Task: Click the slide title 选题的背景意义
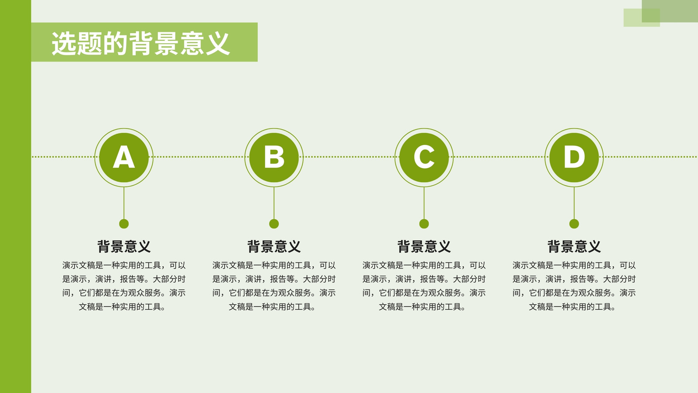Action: click(x=141, y=43)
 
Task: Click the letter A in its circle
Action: click(x=124, y=157)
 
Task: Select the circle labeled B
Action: click(x=274, y=158)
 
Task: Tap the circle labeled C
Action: click(x=424, y=158)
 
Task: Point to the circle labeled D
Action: click(x=574, y=158)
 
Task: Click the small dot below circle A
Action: click(x=124, y=224)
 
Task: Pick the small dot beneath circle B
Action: click(x=274, y=224)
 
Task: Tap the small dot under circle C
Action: click(x=424, y=224)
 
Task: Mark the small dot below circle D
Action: click(x=574, y=224)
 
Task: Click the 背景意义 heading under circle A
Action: click(x=124, y=246)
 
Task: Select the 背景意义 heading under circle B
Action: click(x=274, y=246)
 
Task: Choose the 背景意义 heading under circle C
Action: click(x=424, y=246)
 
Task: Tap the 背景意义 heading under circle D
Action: click(x=574, y=246)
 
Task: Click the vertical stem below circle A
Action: click(x=124, y=203)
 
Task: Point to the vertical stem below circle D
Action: click(x=574, y=203)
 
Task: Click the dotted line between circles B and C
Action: click(x=349, y=157)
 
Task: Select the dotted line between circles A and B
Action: click(x=199, y=157)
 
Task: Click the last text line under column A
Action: click(x=122, y=307)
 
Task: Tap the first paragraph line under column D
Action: click(x=574, y=265)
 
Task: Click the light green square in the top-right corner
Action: click(x=642, y=17)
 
